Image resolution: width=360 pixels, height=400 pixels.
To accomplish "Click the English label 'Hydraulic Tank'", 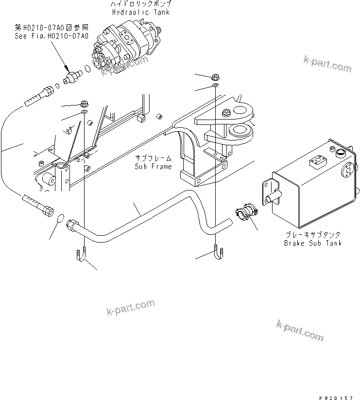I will click(x=141, y=12).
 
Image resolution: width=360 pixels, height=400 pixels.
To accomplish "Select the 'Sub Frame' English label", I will click(x=153, y=167).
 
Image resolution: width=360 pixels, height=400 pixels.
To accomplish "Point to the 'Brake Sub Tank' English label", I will click(x=312, y=243).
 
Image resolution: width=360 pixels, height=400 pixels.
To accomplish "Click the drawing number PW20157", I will click(x=338, y=396).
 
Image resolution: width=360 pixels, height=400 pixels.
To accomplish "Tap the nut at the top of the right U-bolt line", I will click(x=215, y=77).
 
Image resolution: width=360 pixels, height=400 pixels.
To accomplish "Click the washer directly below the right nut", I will click(x=215, y=86).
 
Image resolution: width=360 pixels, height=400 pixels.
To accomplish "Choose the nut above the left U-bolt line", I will click(x=84, y=104).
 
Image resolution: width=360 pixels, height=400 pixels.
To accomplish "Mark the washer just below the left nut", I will click(x=84, y=113).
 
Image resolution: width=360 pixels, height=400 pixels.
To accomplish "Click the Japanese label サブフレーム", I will click(x=153, y=159).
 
